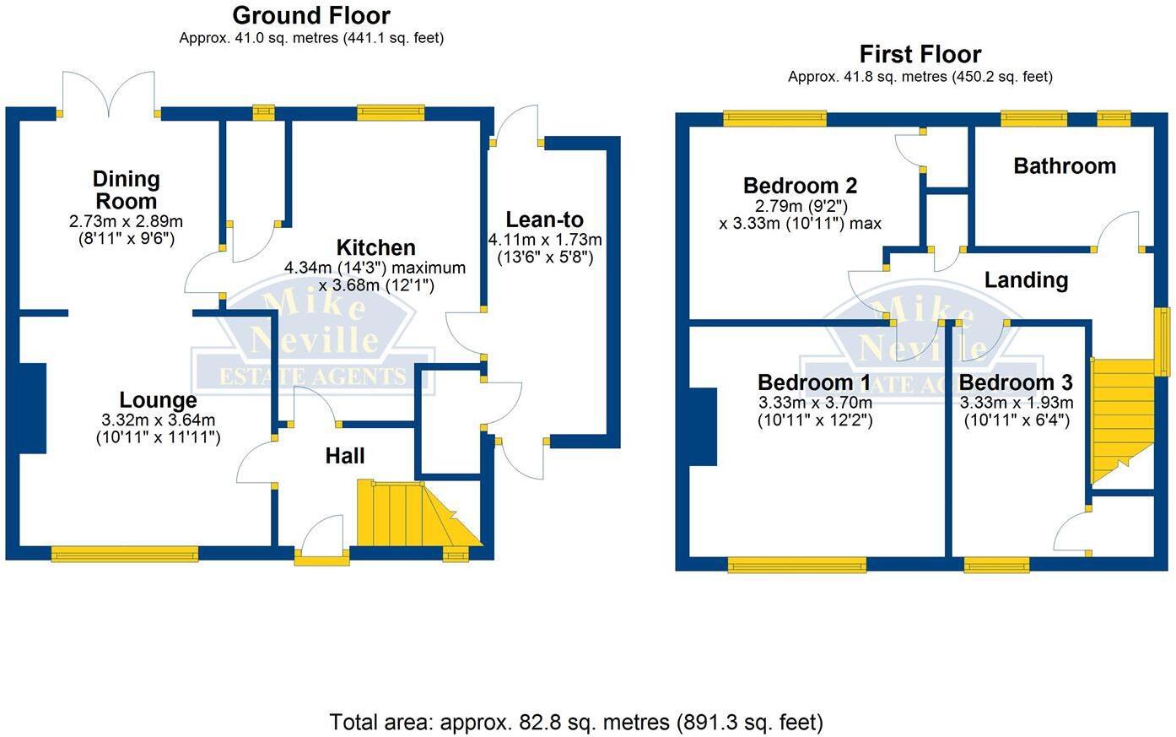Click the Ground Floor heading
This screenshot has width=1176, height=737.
[311, 15]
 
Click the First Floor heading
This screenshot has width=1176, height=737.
[920, 55]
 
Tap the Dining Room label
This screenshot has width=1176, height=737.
[126, 190]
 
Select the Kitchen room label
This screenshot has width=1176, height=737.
[375, 247]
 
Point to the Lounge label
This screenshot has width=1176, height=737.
[158, 400]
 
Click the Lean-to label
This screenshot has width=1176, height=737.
[544, 219]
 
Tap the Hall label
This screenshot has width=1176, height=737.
[345, 456]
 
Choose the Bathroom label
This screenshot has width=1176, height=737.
[1064, 165]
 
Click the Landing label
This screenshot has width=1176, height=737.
[1026, 279]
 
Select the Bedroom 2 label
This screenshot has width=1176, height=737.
[800, 186]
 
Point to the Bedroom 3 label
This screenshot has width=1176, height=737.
[1016, 382]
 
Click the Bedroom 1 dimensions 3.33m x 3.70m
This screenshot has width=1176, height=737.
[815, 403]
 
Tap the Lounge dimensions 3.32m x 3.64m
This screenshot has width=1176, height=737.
[158, 420]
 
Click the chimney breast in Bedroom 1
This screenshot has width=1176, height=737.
[703, 426]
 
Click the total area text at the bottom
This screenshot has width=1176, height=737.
[575, 723]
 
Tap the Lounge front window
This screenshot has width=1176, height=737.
[125, 554]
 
